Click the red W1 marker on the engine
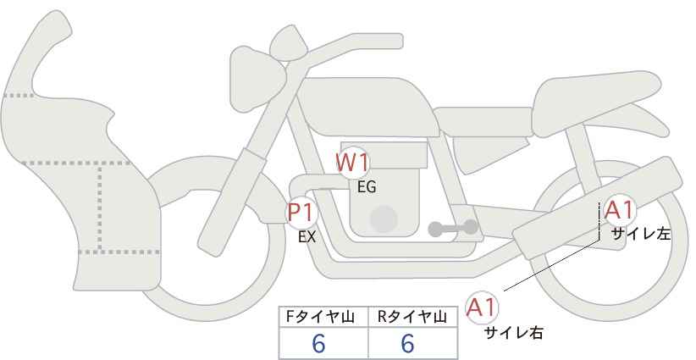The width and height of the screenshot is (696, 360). [x=352, y=163]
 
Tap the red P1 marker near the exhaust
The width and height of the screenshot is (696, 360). [x=301, y=213]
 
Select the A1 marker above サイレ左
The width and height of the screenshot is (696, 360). [x=619, y=210]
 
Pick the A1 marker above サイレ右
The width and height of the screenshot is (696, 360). [x=482, y=307]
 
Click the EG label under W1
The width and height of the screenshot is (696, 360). [x=367, y=187]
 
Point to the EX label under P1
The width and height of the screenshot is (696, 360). [x=307, y=237]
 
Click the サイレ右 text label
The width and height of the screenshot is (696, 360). [x=514, y=333]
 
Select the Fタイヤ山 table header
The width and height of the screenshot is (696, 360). [x=320, y=318]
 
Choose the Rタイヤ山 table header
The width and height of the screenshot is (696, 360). [x=412, y=318]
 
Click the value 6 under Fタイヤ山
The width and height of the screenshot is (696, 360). [x=318, y=343]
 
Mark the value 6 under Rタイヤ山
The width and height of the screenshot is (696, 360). [x=407, y=343]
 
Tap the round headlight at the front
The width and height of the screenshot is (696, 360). [x=257, y=79]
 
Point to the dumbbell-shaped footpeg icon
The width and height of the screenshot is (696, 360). [x=453, y=228]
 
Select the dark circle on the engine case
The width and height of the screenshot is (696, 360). [x=384, y=219]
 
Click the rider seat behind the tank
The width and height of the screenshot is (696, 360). [x=483, y=121]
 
